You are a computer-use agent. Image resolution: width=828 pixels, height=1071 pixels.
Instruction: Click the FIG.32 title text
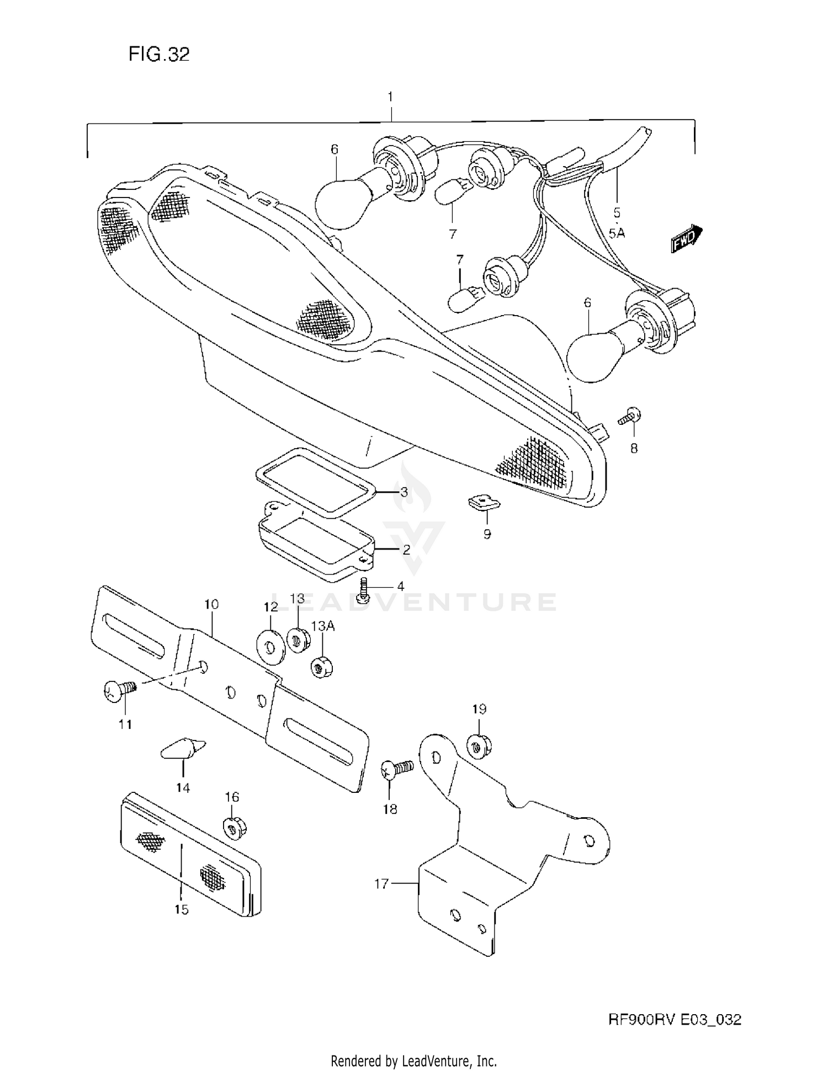click(159, 54)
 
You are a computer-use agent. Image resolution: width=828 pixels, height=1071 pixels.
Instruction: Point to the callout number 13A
click(323, 626)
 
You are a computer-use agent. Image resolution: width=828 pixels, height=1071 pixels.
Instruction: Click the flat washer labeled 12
click(271, 644)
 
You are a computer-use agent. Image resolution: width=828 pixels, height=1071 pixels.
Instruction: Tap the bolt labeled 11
click(119, 690)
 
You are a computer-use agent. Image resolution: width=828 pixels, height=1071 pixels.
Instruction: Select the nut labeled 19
click(479, 746)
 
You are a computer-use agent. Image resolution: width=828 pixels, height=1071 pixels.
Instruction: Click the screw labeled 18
click(395, 769)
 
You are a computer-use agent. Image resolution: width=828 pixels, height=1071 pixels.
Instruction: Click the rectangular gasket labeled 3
click(315, 483)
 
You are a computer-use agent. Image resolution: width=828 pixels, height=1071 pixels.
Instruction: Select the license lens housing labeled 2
click(315, 546)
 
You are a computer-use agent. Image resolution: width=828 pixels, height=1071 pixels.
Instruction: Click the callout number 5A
click(617, 233)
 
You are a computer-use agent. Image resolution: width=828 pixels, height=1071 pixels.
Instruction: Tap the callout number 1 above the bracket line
click(390, 97)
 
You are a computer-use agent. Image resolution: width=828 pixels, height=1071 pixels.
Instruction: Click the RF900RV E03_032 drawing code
click(674, 1020)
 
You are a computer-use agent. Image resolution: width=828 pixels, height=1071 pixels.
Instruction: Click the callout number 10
click(211, 604)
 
